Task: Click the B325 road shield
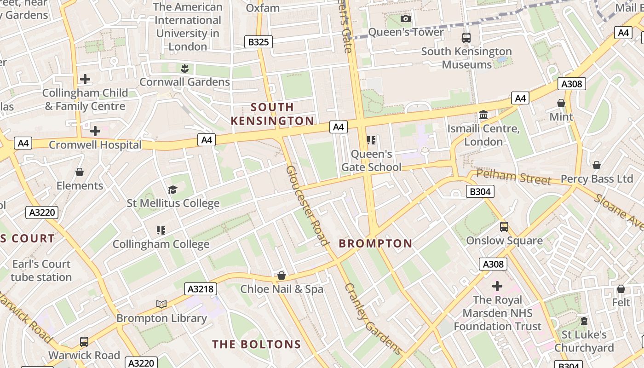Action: click(x=258, y=42)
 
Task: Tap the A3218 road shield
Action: click(x=201, y=289)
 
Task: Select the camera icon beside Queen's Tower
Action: click(x=405, y=18)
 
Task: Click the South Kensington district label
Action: click(x=272, y=114)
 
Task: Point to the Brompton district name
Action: click(x=375, y=244)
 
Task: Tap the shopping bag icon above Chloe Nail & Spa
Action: click(x=282, y=276)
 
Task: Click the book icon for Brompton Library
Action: click(x=161, y=304)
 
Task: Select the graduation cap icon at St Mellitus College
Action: click(x=172, y=190)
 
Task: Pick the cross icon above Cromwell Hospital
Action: click(x=95, y=131)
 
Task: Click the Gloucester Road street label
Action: click(x=307, y=205)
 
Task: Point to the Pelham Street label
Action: click(x=513, y=177)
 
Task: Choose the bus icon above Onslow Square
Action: click(x=504, y=227)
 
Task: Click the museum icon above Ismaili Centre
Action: click(x=483, y=115)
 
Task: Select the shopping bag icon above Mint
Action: click(x=561, y=103)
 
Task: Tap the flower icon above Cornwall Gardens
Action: click(x=184, y=69)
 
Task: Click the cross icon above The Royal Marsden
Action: click(x=497, y=286)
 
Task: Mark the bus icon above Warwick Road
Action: click(x=84, y=342)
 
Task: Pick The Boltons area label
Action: click(x=256, y=344)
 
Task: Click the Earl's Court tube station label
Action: click(x=41, y=270)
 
